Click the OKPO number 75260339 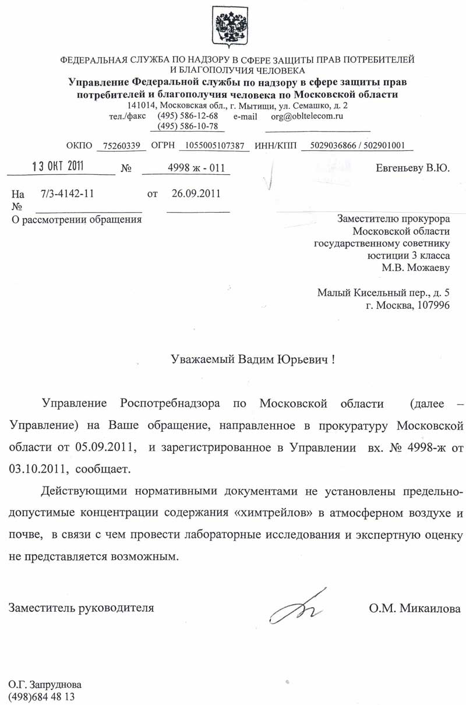point(121,146)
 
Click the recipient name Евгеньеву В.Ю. point(413,168)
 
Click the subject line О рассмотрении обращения point(77,220)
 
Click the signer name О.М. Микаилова point(415,609)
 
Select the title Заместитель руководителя point(82,608)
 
